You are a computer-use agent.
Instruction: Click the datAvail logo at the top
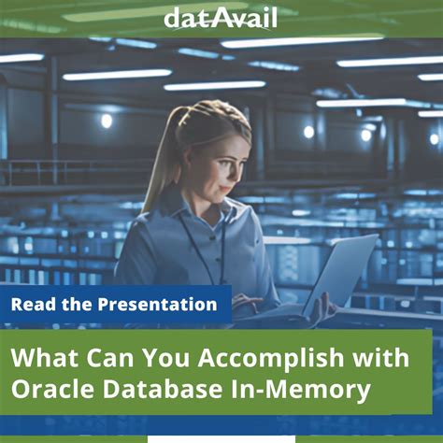point(221,17)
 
